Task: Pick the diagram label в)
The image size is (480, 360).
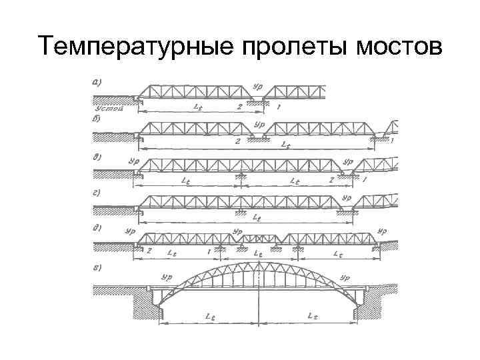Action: click(x=97, y=158)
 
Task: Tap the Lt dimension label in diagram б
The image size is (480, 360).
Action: click(x=286, y=145)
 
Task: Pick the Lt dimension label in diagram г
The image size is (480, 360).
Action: click(x=258, y=215)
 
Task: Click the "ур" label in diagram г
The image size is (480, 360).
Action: click(x=346, y=198)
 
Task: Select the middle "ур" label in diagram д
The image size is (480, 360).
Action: click(x=237, y=231)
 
